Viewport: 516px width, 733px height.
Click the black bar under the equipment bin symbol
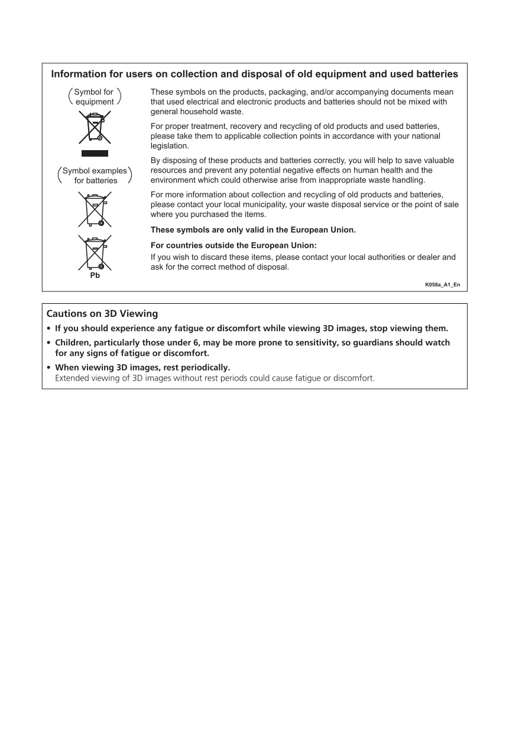tap(95, 154)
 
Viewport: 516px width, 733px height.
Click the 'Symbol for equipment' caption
tap(95, 97)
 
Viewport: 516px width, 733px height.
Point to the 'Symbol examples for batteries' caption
tap(95, 176)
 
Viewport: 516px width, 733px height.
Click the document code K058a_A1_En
tap(442, 285)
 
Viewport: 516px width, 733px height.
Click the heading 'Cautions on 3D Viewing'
tap(102, 314)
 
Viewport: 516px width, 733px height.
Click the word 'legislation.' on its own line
tap(170, 145)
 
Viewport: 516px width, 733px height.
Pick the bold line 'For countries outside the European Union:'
tap(234, 245)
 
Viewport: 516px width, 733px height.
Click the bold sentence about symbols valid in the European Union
tap(253, 230)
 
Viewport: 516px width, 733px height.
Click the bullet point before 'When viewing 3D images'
tap(49, 368)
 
